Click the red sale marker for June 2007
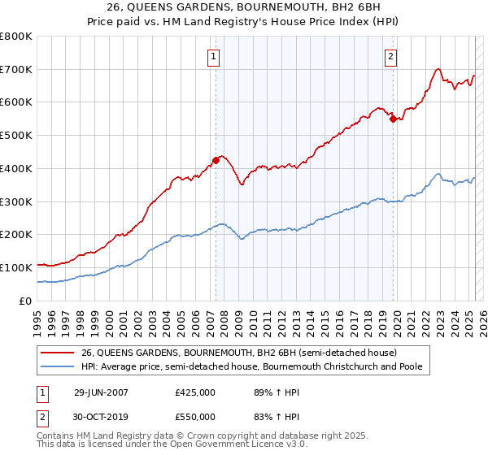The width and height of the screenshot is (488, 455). coord(216,160)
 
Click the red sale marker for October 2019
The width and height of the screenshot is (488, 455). coord(393,119)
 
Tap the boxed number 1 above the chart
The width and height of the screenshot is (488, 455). coord(213,56)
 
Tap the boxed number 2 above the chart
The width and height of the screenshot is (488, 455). coord(391,56)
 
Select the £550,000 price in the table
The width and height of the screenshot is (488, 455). coord(195,417)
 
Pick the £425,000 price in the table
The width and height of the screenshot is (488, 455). coord(195,392)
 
